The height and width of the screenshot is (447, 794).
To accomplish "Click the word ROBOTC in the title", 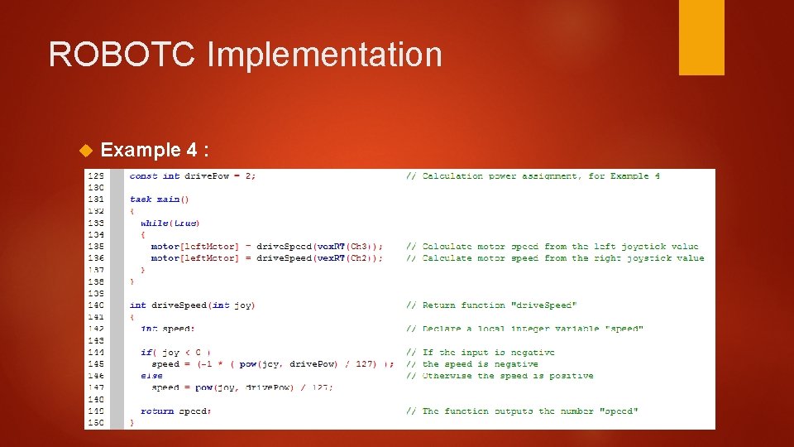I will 122,55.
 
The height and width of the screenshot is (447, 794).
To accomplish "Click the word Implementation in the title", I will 325,55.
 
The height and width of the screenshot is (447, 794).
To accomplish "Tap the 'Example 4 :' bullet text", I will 155,150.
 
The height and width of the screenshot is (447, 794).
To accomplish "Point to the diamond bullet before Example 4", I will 84,151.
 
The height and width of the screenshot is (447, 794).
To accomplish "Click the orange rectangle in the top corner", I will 701,37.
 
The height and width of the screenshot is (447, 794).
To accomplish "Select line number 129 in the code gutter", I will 97,175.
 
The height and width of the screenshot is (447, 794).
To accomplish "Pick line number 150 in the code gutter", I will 97,423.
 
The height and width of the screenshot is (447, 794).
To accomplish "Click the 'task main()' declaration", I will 160,199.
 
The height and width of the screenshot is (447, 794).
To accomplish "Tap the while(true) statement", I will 170,223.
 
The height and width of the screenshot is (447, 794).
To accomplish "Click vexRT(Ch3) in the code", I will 353,247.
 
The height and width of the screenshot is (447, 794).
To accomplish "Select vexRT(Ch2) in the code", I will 353,258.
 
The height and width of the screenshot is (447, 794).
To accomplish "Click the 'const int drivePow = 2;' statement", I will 193,175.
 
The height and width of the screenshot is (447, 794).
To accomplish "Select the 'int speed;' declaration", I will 168,329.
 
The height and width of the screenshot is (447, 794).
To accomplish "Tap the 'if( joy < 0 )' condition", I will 175,353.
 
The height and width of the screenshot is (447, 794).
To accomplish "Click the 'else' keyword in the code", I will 151,376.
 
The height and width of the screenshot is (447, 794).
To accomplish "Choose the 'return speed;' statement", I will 175,411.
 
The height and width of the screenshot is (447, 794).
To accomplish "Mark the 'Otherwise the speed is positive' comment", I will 507,376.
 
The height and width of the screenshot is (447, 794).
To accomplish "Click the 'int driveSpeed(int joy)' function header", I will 193,305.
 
